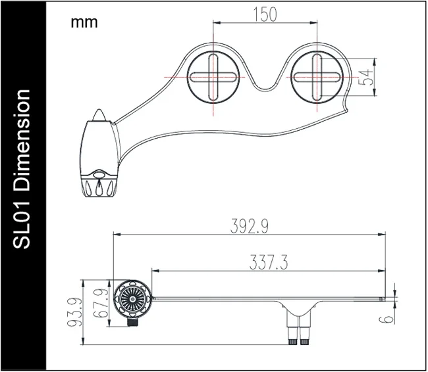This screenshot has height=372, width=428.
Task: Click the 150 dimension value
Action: coord(265,14)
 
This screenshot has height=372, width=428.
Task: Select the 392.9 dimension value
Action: coord(248,225)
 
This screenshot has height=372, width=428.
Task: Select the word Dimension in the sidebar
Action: coord(22,142)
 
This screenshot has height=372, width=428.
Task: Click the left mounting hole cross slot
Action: coord(213,77)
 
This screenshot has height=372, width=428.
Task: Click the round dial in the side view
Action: coord(131,298)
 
